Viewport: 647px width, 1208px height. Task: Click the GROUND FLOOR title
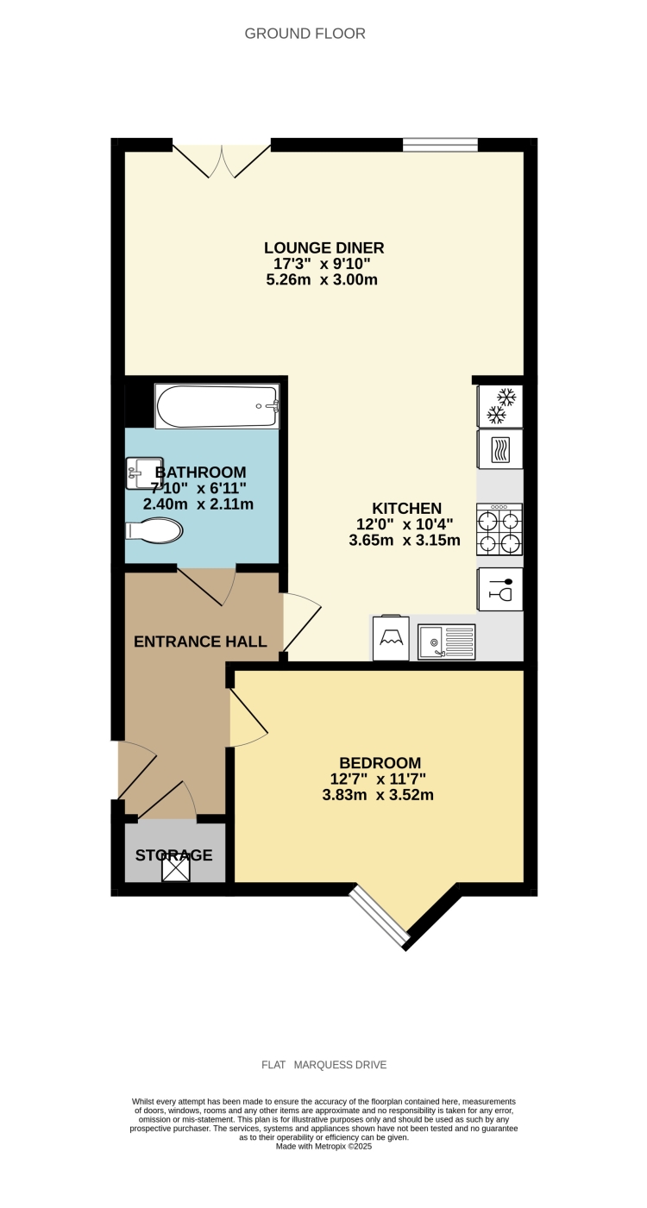pyautogui.click(x=305, y=34)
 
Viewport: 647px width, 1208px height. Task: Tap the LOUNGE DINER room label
pyautogui.click(x=323, y=248)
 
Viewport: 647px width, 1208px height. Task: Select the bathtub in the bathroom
pyautogui.click(x=217, y=406)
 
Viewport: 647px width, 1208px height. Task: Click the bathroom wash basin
pyautogui.click(x=143, y=473)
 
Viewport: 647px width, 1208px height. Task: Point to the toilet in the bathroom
pyautogui.click(x=155, y=530)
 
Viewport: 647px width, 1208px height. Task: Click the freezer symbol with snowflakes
pyautogui.click(x=500, y=405)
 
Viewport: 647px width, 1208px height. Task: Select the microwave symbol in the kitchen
pyautogui.click(x=500, y=450)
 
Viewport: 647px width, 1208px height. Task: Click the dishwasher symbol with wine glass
pyautogui.click(x=500, y=590)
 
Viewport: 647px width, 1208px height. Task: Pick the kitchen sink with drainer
pyautogui.click(x=446, y=642)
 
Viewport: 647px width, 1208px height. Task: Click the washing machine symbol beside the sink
pyautogui.click(x=391, y=639)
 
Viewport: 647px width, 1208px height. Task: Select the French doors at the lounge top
pyautogui.click(x=222, y=160)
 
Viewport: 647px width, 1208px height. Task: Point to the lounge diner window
pyautogui.click(x=440, y=145)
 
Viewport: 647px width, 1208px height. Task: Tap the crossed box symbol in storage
pyautogui.click(x=176, y=869)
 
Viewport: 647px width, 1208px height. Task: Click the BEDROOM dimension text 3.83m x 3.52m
pyautogui.click(x=378, y=795)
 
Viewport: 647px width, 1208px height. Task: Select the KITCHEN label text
pyautogui.click(x=406, y=509)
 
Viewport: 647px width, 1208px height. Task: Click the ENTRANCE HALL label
pyautogui.click(x=199, y=642)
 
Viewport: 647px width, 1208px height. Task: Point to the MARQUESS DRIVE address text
pyautogui.click(x=340, y=1065)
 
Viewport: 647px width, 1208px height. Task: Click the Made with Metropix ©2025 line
pyautogui.click(x=323, y=1146)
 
